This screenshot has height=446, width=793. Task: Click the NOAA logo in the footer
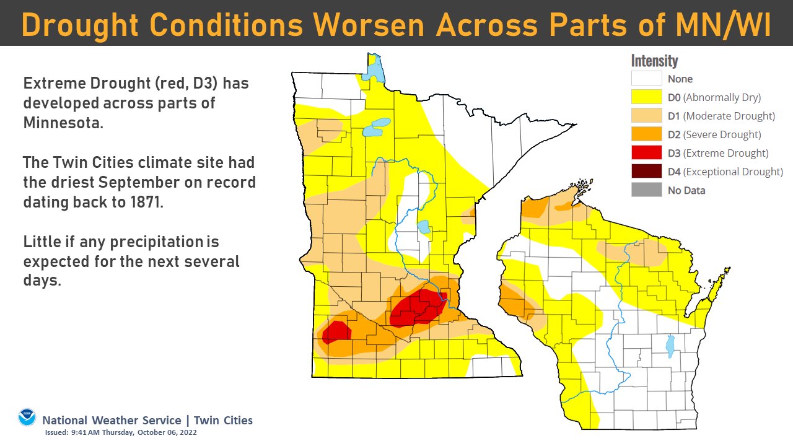click(27, 418)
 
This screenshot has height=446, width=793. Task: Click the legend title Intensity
click(654, 61)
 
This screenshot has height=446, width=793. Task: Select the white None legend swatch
click(646, 79)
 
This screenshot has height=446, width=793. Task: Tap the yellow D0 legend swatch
click(646, 97)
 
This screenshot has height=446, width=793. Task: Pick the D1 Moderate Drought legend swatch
click(646, 116)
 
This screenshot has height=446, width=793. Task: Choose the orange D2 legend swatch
click(646, 134)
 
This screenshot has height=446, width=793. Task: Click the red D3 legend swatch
click(646, 153)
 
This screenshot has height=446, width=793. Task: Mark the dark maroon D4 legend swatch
click(646, 172)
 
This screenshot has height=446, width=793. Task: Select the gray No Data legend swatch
click(646, 190)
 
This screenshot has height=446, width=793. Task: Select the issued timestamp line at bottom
click(121, 432)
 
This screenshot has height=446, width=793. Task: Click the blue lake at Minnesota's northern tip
click(374, 69)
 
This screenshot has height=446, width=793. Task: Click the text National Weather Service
click(112, 420)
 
